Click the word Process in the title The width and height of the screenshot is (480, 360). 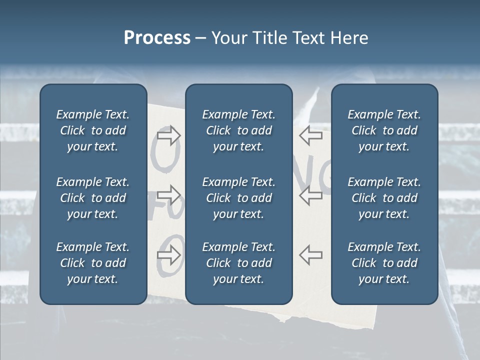[157, 38]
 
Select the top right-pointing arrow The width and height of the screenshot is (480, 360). [169, 135]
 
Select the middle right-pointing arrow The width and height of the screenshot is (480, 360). [169, 195]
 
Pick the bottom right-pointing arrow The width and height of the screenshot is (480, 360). [169, 255]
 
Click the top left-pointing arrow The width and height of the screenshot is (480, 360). [310, 135]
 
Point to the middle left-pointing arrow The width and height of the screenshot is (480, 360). [310, 195]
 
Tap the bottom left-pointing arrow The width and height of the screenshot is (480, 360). [310, 255]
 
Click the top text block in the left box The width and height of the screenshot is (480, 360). [93, 130]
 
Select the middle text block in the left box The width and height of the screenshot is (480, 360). [93, 198]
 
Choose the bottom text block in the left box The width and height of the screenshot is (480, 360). [93, 263]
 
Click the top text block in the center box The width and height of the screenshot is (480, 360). [238, 130]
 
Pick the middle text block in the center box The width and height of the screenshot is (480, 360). [238, 198]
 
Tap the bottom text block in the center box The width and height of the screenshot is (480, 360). [238, 263]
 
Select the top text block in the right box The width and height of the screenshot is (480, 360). [384, 130]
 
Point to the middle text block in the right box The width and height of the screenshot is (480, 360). [384, 198]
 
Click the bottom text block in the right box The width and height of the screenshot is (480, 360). [384, 263]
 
